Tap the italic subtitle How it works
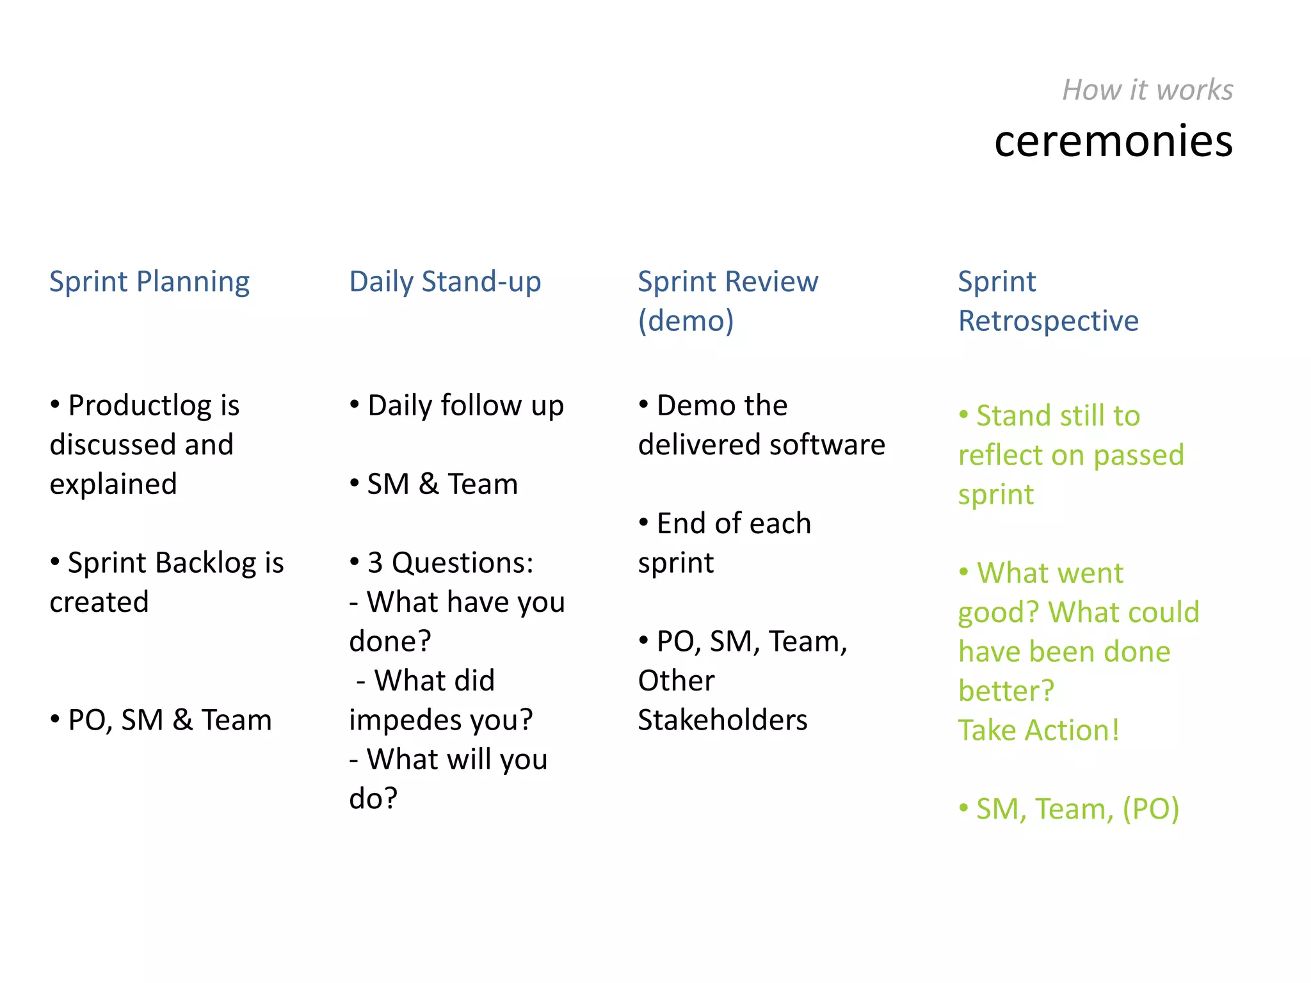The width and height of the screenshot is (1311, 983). [1147, 90]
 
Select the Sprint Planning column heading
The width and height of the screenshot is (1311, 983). [149, 282]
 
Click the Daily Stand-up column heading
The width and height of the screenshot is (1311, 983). [445, 282]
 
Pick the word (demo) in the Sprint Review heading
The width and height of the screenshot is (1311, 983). [686, 321]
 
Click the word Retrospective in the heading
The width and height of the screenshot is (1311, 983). [1048, 321]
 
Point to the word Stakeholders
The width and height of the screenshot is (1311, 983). [723, 721]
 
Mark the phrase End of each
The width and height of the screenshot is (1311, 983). [734, 524]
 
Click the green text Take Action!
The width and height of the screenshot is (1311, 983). [1038, 731]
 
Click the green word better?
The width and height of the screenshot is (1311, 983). [1006, 692]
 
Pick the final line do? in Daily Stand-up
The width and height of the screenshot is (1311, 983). [373, 799]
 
